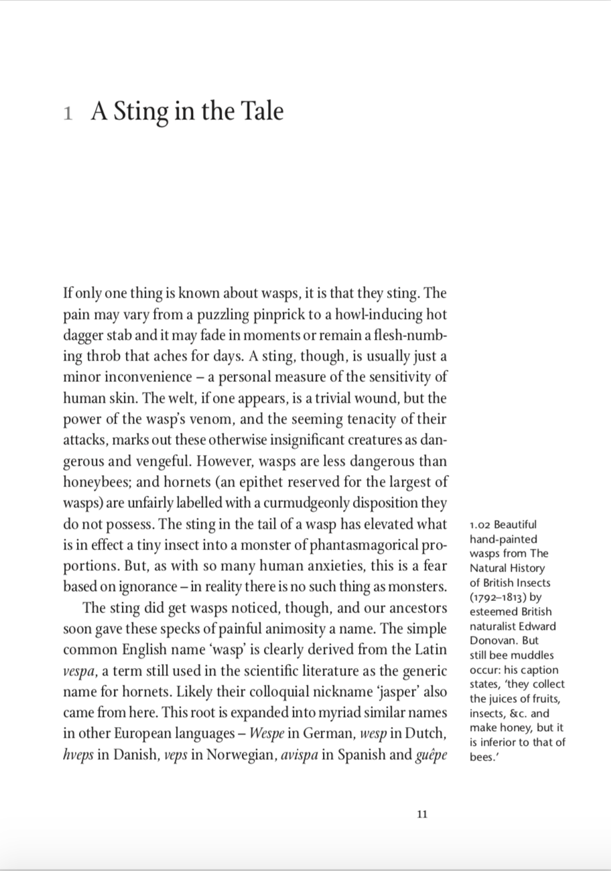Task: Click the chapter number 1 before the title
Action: (67, 113)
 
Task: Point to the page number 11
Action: (422, 815)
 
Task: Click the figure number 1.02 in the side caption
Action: (480, 525)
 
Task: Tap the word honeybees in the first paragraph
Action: (94, 482)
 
